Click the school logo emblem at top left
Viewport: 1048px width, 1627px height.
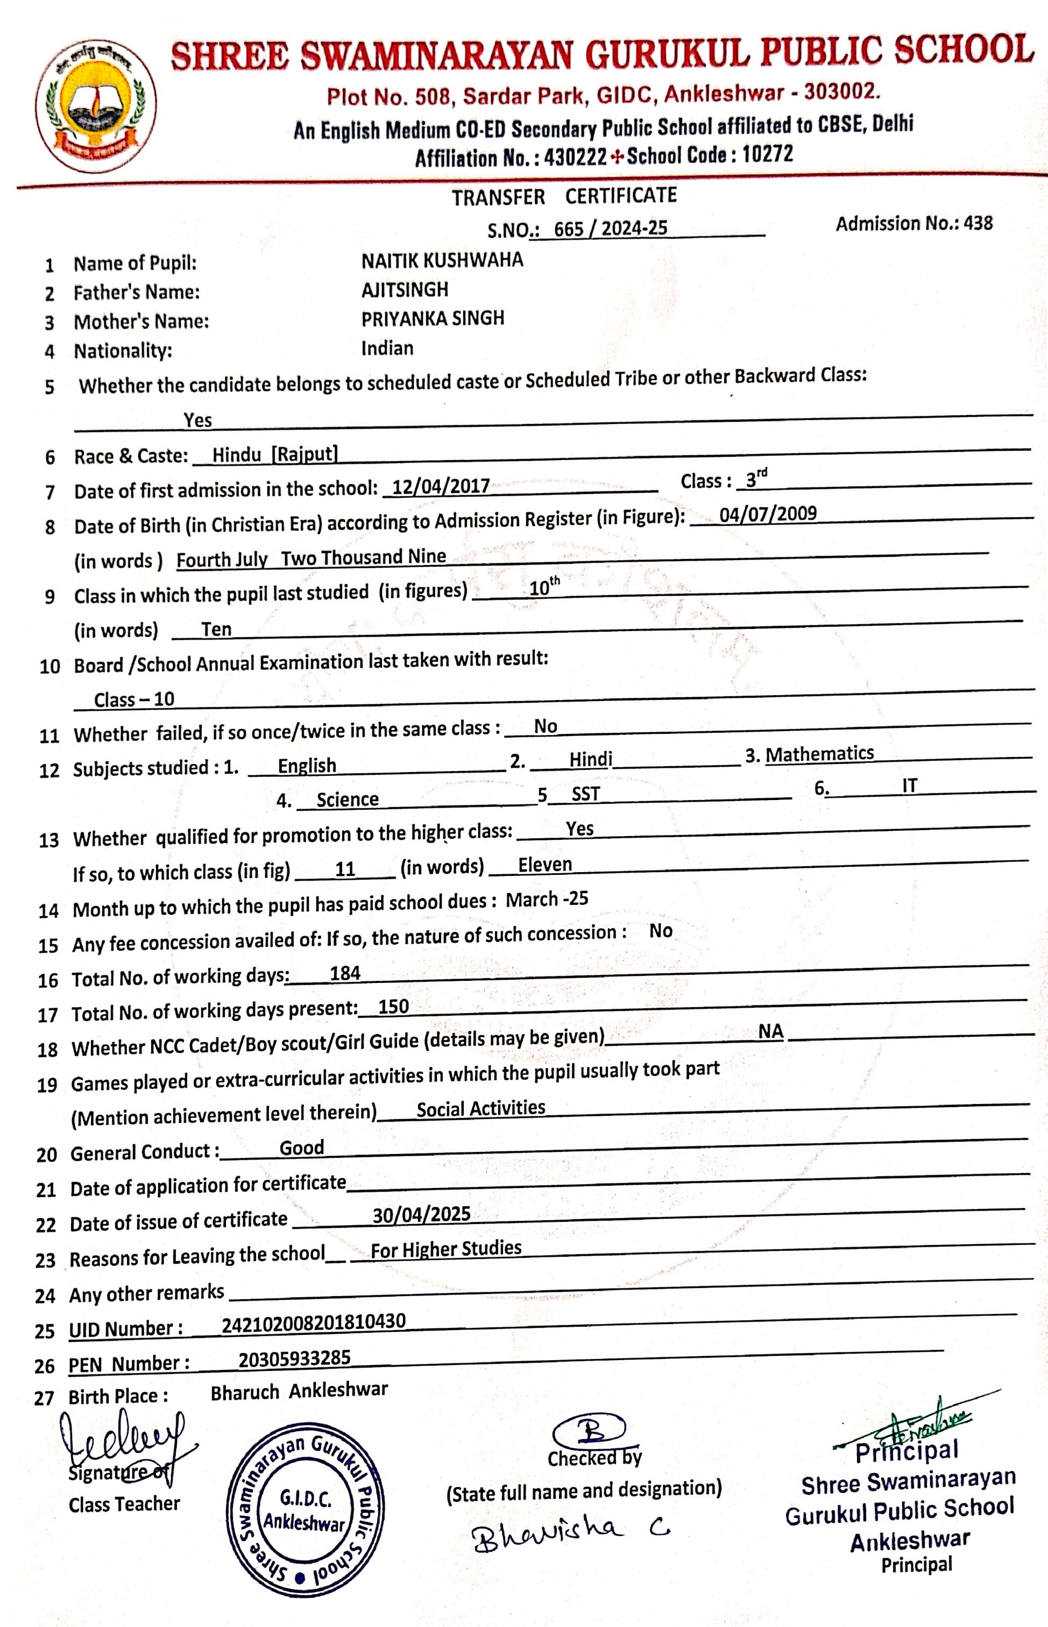pos(96,105)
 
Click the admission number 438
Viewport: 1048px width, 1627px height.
pos(978,223)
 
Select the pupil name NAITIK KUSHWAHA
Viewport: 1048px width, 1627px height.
pos(442,260)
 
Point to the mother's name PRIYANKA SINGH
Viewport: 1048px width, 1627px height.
pos(432,319)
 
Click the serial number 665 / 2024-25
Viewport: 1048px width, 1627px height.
pos(611,229)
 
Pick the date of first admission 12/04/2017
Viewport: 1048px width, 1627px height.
pos(441,486)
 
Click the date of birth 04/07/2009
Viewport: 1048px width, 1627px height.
pos(768,514)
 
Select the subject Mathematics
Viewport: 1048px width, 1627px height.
pos(819,754)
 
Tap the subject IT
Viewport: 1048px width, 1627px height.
pos(909,786)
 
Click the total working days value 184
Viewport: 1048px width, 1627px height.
pos(345,974)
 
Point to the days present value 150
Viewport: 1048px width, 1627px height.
pos(393,1007)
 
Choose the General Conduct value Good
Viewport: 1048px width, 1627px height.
pos(301,1148)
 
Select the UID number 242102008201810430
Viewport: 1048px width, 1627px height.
pos(314,1322)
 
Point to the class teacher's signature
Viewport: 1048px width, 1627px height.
pos(123,1442)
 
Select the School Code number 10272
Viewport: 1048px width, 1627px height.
pos(768,154)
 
